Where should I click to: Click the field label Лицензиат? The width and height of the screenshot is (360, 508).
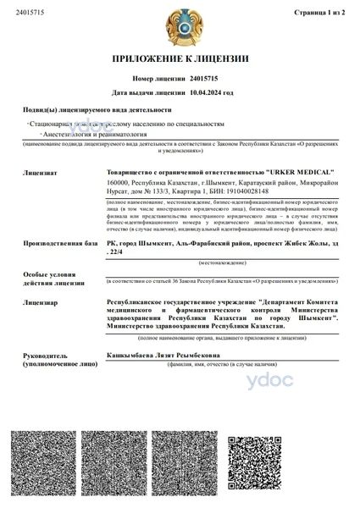(40, 172)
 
